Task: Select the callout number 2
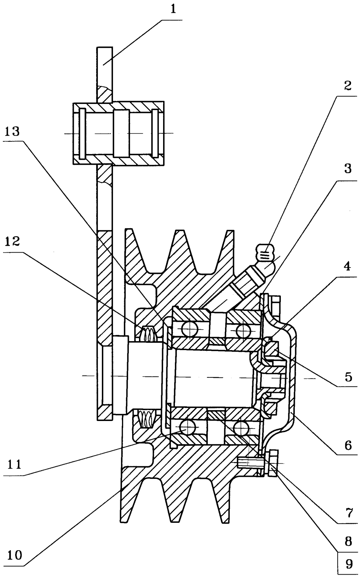[347, 86]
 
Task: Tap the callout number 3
[348, 169]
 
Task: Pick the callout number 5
[348, 377]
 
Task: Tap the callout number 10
[15, 555]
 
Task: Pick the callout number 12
[12, 241]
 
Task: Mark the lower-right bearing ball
[241, 428]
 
